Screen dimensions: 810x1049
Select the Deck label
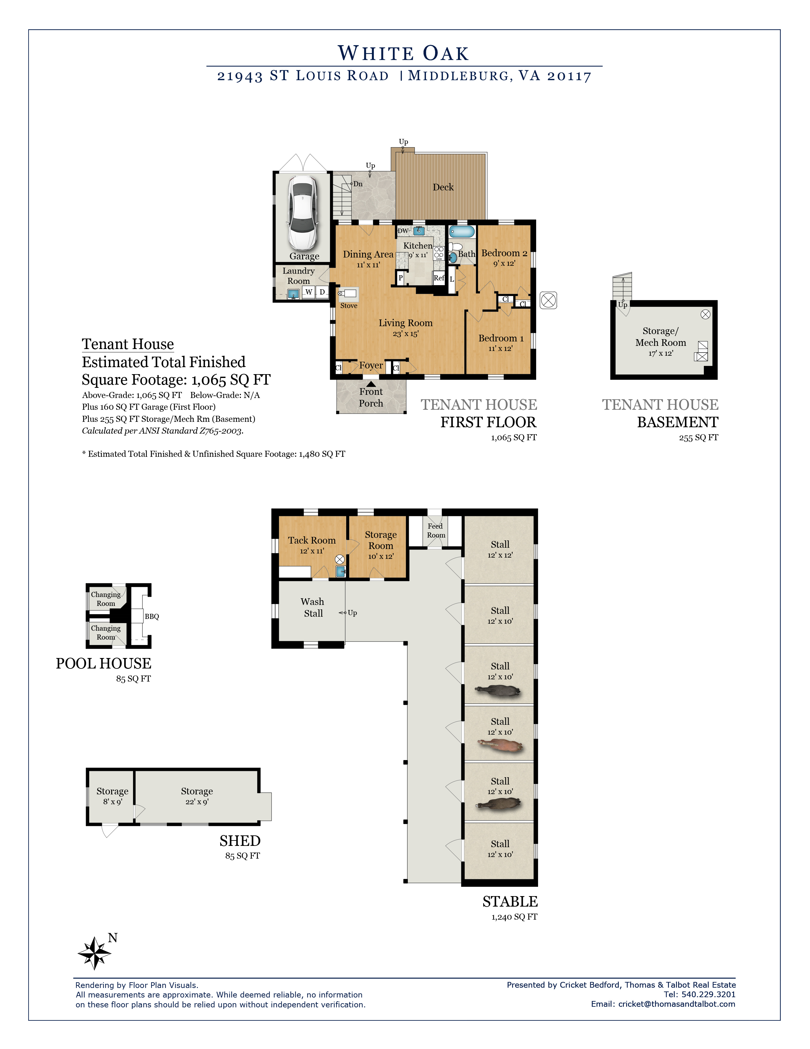(x=443, y=187)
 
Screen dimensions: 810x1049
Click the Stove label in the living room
(x=349, y=305)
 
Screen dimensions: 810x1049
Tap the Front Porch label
(x=371, y=397)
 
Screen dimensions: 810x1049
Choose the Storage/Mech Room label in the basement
(x=661, y=337)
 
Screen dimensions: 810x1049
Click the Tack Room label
(x=312, y=540)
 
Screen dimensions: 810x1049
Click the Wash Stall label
(x=313, y=607)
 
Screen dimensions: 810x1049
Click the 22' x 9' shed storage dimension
(x=197, y=802)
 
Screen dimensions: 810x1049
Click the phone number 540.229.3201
(x=708, y=994)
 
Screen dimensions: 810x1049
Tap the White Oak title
(x=403, y=53)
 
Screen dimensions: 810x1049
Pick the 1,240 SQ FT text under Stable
(x=514, y=917)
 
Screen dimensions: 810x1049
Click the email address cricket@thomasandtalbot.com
(x=677, y=1004)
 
